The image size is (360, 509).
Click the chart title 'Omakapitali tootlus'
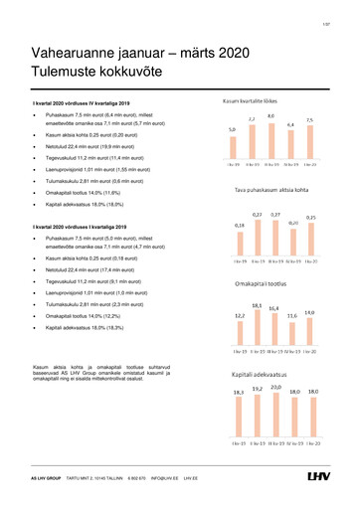tap(263, 282)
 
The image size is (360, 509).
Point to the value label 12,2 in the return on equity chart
tap(240, 315)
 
